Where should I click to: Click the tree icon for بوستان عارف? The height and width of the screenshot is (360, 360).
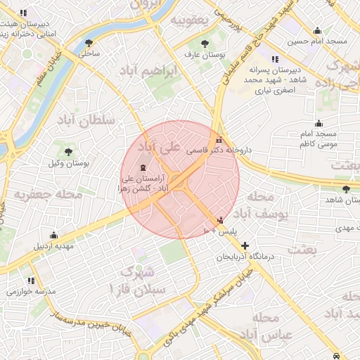tap(204, 43)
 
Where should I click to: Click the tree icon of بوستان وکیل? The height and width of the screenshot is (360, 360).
tap(69, 151)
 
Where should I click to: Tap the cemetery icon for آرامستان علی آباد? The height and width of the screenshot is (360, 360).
tap(145, 167)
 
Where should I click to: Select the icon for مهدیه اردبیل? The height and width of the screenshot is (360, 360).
tap(53, 235)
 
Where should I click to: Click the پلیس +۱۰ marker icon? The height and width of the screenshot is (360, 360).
tap(222, 219)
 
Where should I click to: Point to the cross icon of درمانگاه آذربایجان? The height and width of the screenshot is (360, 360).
tap(245, 245)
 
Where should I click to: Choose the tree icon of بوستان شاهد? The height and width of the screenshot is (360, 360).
tap(345, 188)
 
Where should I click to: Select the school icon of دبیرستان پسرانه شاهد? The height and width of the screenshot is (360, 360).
tap(273, 59)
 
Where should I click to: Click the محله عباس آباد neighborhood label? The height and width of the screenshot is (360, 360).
tap(260, 327)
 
